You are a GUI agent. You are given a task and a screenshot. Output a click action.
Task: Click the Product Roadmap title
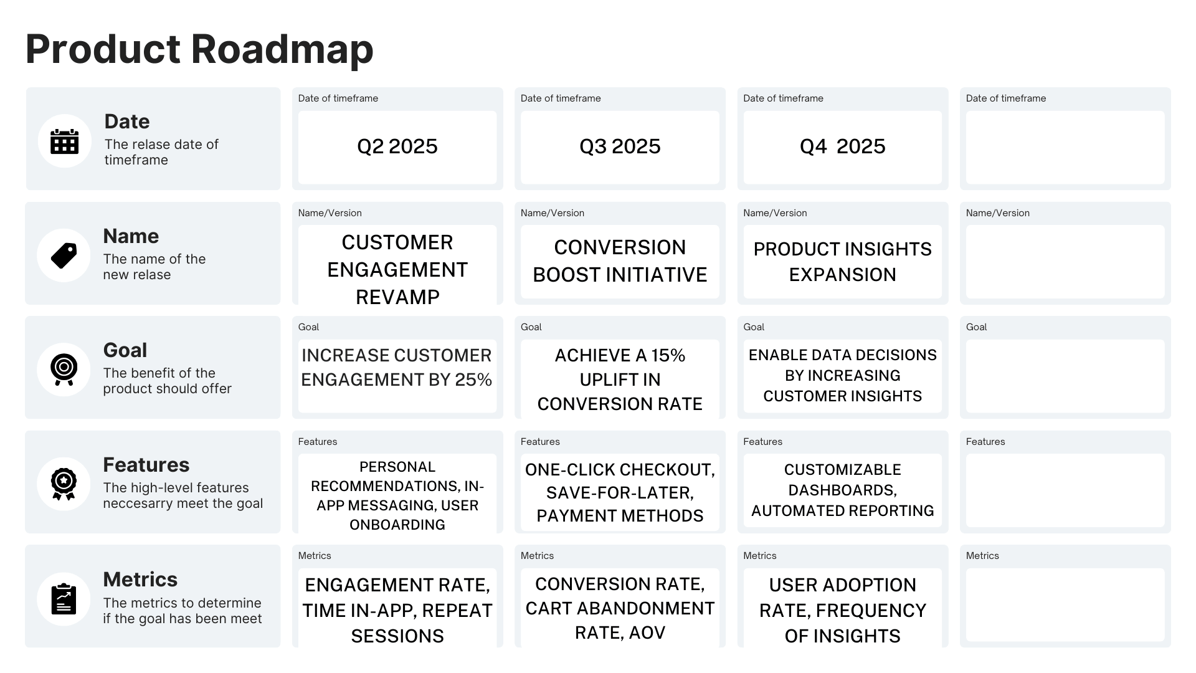pyautogui.click(x=199, y=49)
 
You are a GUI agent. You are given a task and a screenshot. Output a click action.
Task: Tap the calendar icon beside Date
pyautogui.click(x=64, y=141)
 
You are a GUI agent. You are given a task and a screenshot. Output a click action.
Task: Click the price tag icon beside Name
pyautogui.click(x=64, y=255)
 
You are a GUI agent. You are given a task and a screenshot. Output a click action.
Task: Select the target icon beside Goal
pyautogui.click(x=64, y=369)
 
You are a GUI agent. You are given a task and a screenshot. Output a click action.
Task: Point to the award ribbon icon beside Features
pyautogui.click(x=64, y=484)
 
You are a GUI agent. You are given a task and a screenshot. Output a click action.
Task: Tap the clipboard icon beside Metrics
pyautogui.click(x=64, y=599)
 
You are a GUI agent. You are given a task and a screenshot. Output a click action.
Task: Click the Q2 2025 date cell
pyautogui.click(x=397, y=146)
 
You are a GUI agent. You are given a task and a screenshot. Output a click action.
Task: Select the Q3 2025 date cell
pyautogui.click(x=620, y=146)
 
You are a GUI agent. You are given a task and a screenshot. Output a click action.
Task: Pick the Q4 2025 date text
pyautogui.click(x=842, y=146)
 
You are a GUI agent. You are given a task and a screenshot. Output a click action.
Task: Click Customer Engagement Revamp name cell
pyautogui.click(x=397, y=269)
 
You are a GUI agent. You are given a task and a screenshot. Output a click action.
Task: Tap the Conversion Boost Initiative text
pyautogui.click(x=620, y=261)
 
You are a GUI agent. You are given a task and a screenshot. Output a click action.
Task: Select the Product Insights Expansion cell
pyautogui.click(x=842, y=262)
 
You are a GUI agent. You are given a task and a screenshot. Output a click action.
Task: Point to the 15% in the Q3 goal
pyautogui.click(x=668, y=355)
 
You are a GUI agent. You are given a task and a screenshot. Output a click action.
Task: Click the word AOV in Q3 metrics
pyautogui.click(x=647, y=633)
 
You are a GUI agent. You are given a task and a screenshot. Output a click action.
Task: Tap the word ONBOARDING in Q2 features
pyautogui.click(x=397, y=525)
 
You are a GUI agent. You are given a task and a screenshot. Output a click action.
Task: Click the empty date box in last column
pyautogui.click(x=1065, y=148)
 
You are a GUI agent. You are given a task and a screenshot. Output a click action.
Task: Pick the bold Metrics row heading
pyautogui.click(x=140, y=580)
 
